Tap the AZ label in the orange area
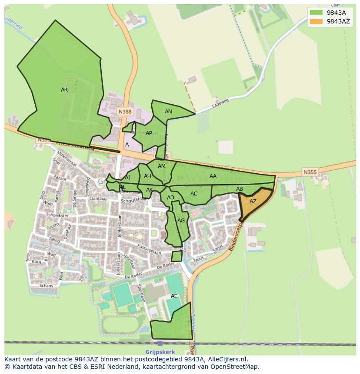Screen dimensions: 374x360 (253, 202)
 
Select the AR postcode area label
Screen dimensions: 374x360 (64, 90)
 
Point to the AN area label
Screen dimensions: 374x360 (168, 112)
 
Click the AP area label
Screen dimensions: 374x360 (149, 133)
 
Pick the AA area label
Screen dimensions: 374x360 (213, 176)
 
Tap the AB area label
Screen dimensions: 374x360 (240, 189)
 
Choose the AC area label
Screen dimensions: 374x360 (194, 194)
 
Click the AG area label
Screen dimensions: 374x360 (181, 221)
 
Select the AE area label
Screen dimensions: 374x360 (174, 296)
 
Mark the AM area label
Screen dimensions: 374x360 (162, 166)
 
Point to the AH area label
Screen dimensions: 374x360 (147, 176)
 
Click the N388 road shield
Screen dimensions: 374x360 (125, 112)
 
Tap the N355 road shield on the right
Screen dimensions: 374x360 (310, 172)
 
